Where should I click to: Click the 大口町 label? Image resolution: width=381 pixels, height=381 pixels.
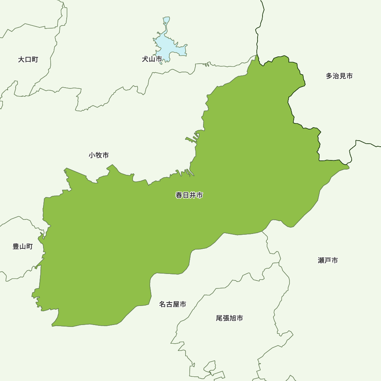28,59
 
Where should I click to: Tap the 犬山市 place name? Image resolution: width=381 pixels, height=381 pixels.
152,59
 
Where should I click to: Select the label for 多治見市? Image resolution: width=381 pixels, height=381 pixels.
339,76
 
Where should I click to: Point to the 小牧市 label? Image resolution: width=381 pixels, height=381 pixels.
99,155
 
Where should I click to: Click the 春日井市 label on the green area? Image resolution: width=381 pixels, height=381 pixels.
189,195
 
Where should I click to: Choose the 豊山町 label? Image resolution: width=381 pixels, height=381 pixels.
23,246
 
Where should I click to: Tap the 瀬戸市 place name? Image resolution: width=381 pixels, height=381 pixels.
328,260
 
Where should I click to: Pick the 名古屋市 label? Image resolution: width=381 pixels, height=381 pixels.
173,304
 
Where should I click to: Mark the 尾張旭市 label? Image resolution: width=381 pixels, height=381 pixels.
229,318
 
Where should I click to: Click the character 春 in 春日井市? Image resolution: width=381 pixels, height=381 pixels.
179,195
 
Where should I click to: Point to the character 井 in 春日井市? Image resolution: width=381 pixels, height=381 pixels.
192,195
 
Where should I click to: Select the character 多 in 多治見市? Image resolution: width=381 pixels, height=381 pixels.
329,76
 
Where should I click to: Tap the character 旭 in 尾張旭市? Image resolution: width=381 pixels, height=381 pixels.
233,318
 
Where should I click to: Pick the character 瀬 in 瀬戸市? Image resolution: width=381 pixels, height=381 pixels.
321,260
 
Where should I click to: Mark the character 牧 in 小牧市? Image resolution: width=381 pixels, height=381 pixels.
99,155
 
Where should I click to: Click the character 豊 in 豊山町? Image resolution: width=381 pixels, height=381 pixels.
16,246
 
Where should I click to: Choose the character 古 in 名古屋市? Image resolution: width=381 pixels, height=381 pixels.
169,304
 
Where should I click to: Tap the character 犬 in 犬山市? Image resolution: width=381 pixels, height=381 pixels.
145,59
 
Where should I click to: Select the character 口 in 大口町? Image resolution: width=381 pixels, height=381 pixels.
28,59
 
